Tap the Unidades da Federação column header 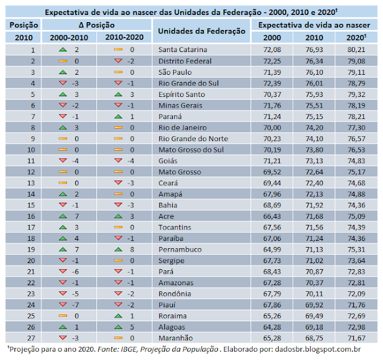(201, 31)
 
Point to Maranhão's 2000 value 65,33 (275, 337)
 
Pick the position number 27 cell (25, 337)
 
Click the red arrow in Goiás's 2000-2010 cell (62, 160)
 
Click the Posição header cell (25, 25)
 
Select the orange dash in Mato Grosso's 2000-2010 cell (62, 172)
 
